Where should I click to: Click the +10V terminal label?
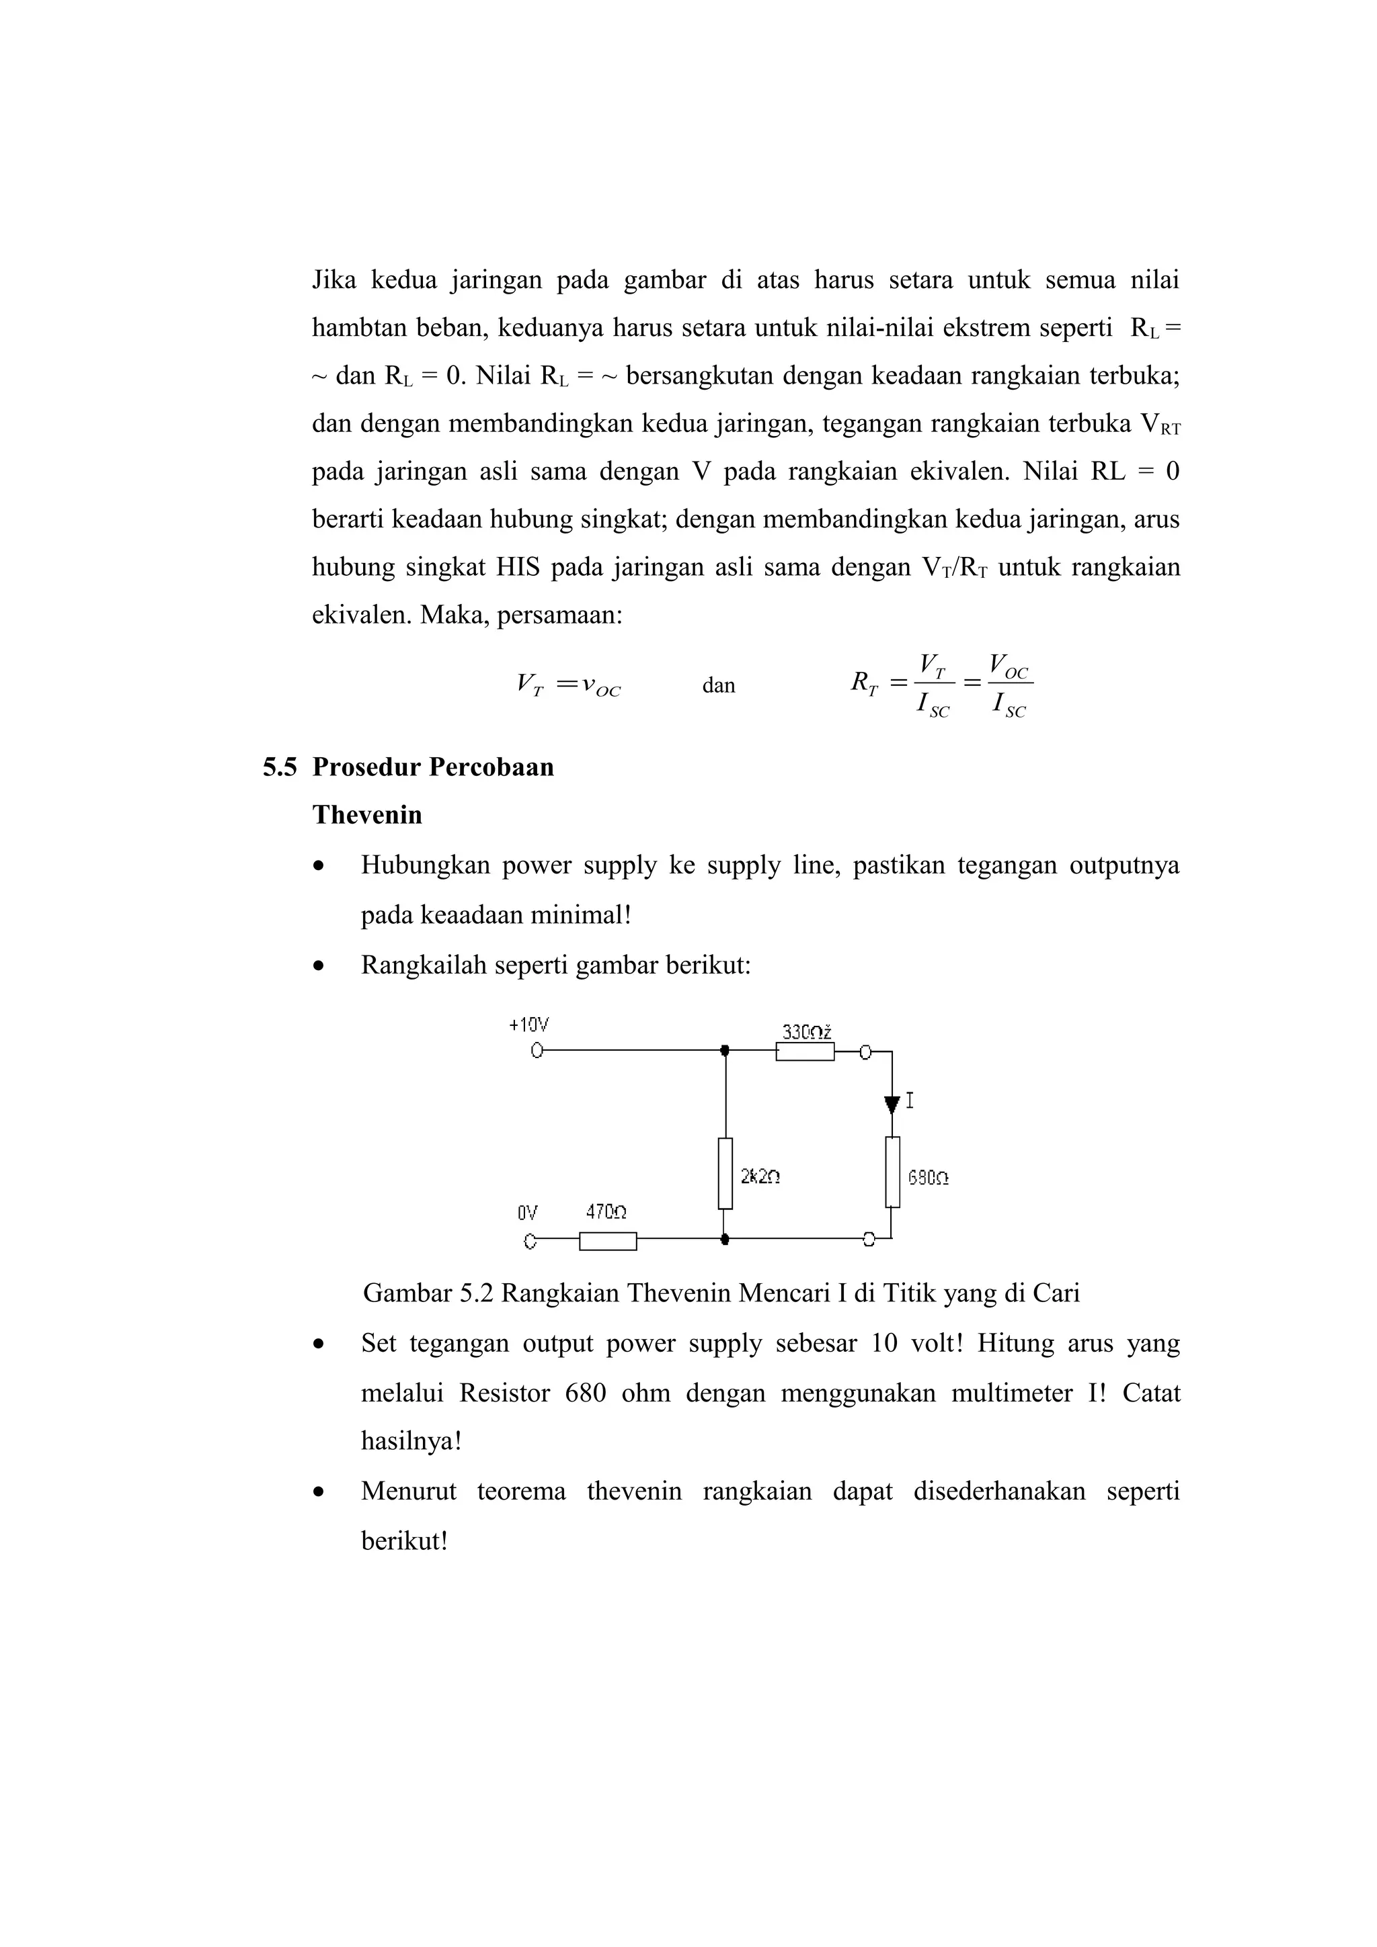528,1025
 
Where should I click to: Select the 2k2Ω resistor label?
760,1177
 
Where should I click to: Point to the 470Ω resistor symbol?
607,1242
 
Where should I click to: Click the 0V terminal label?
527,1213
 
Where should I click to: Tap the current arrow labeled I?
892,1104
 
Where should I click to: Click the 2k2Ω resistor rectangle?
725,1173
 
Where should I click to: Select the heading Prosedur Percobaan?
433,767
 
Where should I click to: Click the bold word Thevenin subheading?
366,815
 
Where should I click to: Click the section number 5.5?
279,767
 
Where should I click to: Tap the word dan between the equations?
719,685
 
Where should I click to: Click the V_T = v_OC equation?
568,685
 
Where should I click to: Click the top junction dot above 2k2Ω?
725,1051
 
